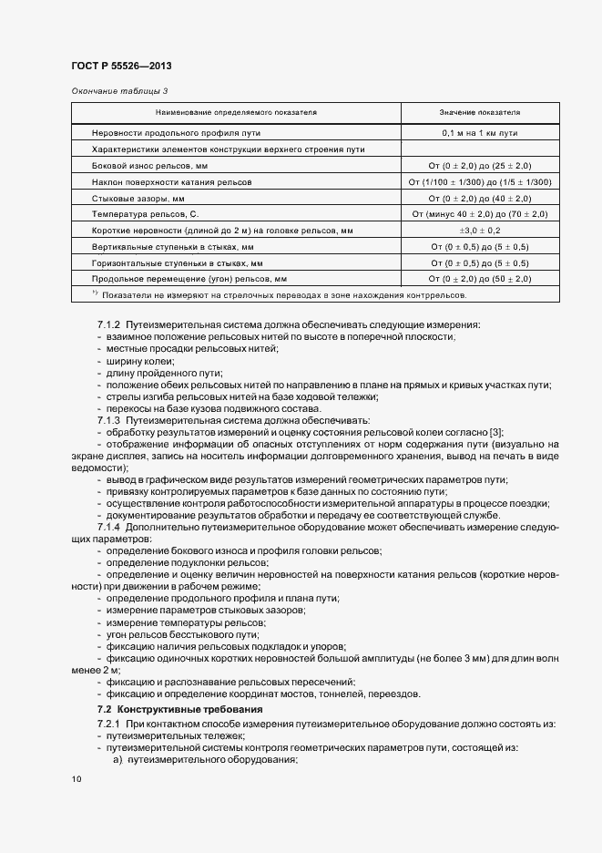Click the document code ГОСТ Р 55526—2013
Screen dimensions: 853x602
120,67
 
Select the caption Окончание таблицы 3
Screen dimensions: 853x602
119,90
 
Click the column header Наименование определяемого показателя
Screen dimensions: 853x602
236,113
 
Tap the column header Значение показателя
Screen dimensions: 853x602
480,113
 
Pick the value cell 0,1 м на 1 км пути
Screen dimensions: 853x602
480,133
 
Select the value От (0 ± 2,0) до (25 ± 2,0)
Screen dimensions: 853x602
480,166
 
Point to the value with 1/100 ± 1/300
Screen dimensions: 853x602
480,182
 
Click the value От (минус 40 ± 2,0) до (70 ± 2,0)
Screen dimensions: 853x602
480,214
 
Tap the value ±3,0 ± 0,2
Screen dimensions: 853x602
480,231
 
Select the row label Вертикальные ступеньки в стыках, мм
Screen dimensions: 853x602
172,246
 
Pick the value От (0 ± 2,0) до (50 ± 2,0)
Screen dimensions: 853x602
480,278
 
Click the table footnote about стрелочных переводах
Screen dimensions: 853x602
282,295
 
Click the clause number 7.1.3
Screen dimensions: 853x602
108,421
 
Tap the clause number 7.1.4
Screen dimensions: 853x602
108,528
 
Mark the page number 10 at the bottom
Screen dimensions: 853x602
76,779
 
